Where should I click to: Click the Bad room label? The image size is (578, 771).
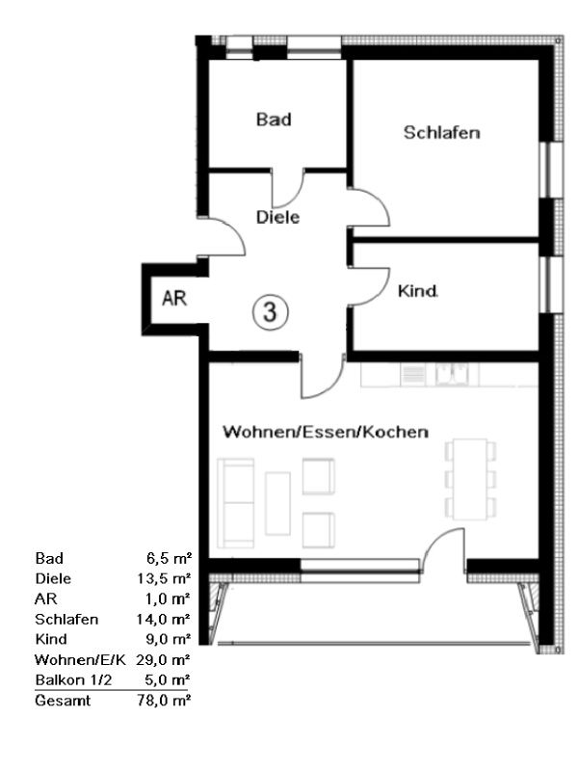tap(274, 120)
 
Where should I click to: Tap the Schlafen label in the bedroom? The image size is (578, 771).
tap(442, 132)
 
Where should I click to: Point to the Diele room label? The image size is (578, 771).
tap(277, 217)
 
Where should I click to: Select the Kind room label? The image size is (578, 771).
tap(418, 291)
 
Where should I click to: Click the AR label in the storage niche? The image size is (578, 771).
tap(174, 298)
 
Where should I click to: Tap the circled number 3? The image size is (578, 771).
tap(271, 311)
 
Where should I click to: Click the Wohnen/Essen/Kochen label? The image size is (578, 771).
tap(326, 432)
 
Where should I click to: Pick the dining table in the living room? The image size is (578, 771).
tap(470, 479)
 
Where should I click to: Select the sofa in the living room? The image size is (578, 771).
tap(236, 502)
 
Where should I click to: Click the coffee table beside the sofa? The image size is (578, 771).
tap(277, 503)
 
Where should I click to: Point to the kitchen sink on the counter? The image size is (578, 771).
tap(452, 375)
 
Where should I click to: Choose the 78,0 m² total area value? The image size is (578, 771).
tap(164, 701)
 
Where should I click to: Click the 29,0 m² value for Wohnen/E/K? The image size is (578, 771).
tap(164, 659)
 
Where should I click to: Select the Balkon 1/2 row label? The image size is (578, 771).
tap(74, 680)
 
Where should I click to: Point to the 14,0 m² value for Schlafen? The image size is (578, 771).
tap(164, 619)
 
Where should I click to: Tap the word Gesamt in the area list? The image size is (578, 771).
tap(63, 701)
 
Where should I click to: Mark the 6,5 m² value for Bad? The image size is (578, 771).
tap(169, 558)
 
